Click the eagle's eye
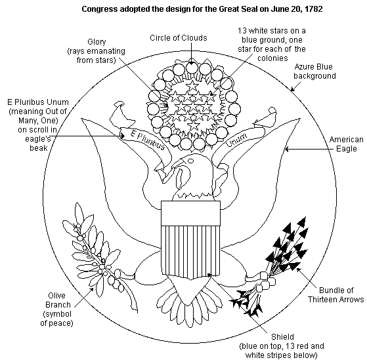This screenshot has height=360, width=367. (x=191, y=161)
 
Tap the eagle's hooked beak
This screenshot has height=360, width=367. (x=181, y=177)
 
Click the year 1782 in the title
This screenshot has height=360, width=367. (x=314, y=9)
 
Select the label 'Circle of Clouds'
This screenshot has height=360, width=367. (x=179, y=38)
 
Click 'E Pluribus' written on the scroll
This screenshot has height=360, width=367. (x=148, y=140)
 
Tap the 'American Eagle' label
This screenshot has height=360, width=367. (x=347, y=144)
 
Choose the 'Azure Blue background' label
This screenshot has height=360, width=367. (x=314, y=71)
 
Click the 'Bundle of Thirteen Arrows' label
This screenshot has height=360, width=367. (x=335, y=295)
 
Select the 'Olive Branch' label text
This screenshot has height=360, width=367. (x=58, y=300)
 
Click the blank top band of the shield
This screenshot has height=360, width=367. (x=191, y=213)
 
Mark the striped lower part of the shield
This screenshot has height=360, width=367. (x=191, y=251)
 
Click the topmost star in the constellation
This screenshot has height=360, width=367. (x=192, y=85)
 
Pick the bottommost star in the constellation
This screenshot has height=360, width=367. (x=193, y=125)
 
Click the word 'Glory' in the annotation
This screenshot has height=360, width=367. (x=97, y=42)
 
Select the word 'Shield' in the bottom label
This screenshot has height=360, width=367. (x=282, y=337)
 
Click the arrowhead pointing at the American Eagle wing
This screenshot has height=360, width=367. (x=286, y=149)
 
